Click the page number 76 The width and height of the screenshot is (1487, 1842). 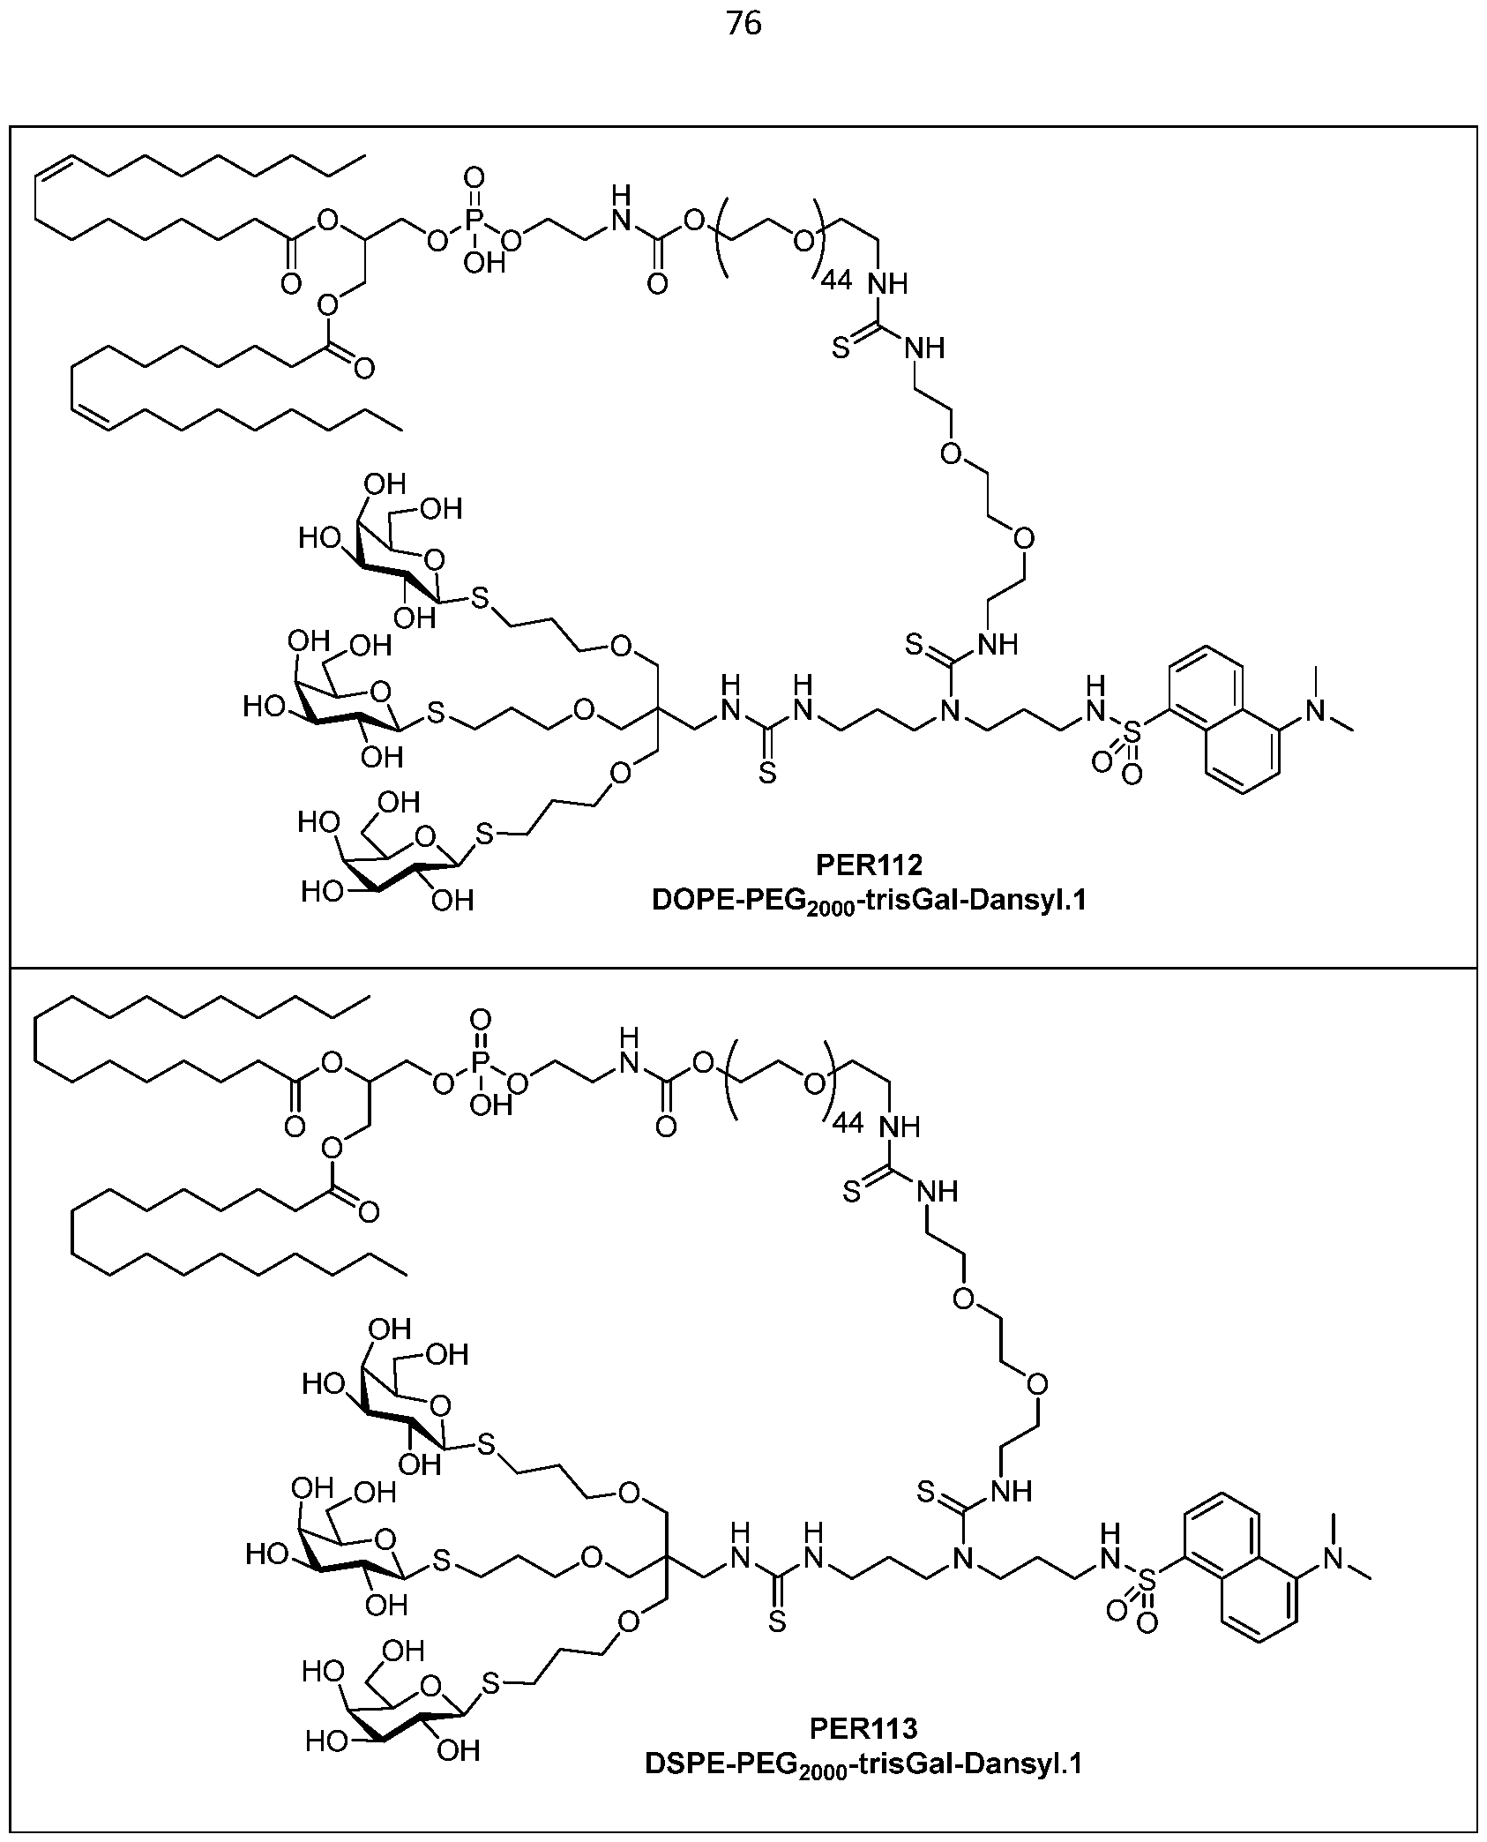click(x=743, y=25)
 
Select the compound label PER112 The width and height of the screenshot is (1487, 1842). click(x=868, y=865)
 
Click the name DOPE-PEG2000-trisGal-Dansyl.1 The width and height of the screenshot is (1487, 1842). click(x=869, y=901)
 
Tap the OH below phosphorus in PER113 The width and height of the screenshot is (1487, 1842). click(x=490, y=1104)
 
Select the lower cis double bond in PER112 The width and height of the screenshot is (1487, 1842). click(x=93, y=419)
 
